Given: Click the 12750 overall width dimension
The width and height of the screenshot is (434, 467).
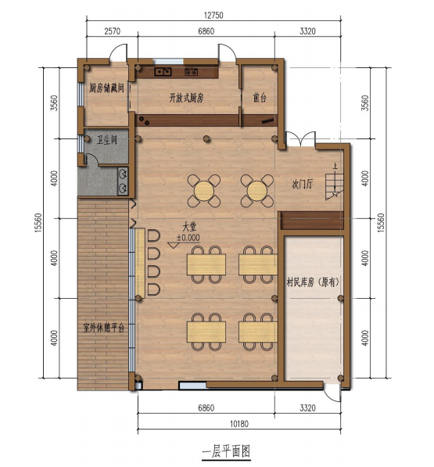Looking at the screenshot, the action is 213,15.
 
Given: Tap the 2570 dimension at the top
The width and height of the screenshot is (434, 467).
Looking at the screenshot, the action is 113,31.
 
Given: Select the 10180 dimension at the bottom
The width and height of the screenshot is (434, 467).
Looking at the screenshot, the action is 239,423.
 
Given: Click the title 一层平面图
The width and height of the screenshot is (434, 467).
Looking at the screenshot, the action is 226,451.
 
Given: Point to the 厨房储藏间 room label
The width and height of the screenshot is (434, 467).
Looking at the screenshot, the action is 106,88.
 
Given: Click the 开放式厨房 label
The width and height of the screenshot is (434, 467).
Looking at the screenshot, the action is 186,98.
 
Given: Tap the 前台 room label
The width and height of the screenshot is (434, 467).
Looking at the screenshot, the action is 260,98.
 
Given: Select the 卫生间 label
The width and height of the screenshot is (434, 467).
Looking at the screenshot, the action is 106,139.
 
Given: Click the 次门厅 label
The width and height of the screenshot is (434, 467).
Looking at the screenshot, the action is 302,184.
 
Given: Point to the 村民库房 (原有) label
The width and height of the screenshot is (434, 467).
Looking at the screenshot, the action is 313,282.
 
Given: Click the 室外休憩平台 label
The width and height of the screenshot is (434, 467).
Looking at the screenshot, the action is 103,328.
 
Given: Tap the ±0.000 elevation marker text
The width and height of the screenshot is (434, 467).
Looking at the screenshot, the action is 188,238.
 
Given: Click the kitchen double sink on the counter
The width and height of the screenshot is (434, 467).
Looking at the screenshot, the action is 163,72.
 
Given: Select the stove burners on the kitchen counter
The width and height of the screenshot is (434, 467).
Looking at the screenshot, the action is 191,72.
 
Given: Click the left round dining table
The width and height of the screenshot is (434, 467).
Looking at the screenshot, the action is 204,191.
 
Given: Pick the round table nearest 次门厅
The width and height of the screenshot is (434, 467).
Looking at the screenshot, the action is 257,191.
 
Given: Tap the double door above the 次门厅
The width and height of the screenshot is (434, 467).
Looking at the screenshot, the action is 300,138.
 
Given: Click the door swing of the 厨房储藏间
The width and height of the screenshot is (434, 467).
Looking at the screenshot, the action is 118,52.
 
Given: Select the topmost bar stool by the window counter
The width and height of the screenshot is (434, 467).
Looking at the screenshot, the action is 153,235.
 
